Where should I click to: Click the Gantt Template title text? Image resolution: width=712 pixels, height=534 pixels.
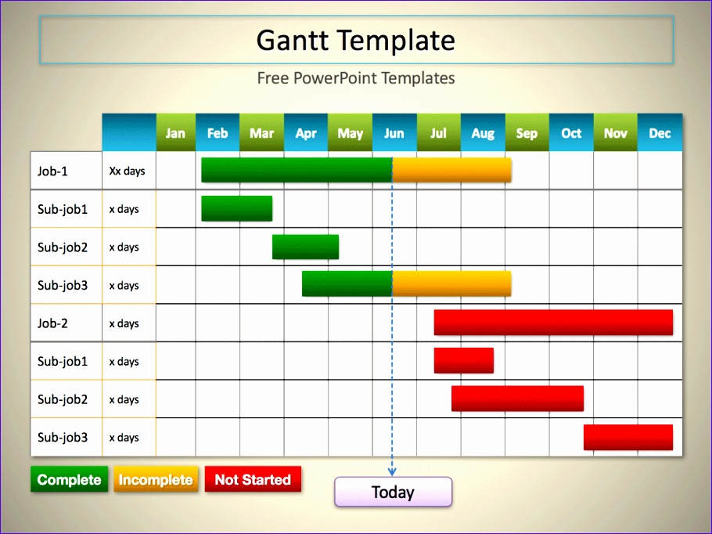(356, 40)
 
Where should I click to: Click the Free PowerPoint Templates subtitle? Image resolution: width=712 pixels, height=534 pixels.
(356, 78)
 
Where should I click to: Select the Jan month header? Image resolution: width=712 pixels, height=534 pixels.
(175, 133)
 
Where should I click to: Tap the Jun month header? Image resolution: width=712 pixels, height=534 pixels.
(394, 133)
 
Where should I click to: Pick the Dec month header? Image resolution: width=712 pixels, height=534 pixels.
(660, 133)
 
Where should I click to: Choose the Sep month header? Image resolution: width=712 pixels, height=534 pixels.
(527, 133)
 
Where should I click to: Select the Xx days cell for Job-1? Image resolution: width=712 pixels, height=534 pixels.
(128, 171)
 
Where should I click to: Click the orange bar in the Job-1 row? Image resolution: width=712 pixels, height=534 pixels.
(451, 170)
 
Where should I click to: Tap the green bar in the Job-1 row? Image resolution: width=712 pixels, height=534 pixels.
(296, 170)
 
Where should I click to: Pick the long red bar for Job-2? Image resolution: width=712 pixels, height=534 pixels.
(553, 323)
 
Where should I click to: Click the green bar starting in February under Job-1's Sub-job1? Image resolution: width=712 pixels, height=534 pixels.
(236, 208)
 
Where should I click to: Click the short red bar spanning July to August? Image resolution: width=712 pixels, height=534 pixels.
(463, 360)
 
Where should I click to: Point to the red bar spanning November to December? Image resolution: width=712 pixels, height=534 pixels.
(627, 437)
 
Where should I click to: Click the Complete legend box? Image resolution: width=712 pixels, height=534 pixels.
(69, 480)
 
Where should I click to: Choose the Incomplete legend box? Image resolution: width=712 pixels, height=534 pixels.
(155, 480)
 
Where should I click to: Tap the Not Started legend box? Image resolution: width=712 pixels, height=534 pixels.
(253, 480)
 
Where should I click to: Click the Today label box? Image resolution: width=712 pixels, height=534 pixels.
(393, 493)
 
